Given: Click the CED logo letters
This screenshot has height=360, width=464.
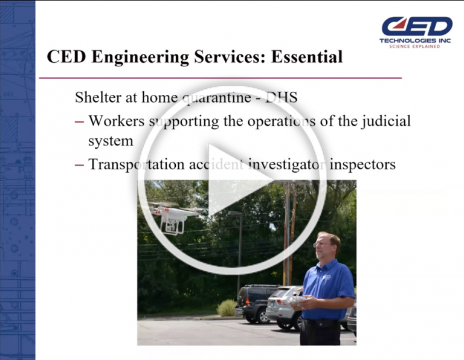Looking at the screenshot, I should click(x=417, y=26).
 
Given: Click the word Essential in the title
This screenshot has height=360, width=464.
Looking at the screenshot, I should click(x=307, y=57).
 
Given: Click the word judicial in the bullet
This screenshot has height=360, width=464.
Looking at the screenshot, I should click(x=382, y=120).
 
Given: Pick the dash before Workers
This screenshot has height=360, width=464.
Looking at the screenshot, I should click(x=79, y=121).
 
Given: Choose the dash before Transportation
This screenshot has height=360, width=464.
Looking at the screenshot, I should click(x=79, y=164).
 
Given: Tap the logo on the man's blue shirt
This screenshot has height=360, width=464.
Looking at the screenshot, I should click(x=327, y=277).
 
